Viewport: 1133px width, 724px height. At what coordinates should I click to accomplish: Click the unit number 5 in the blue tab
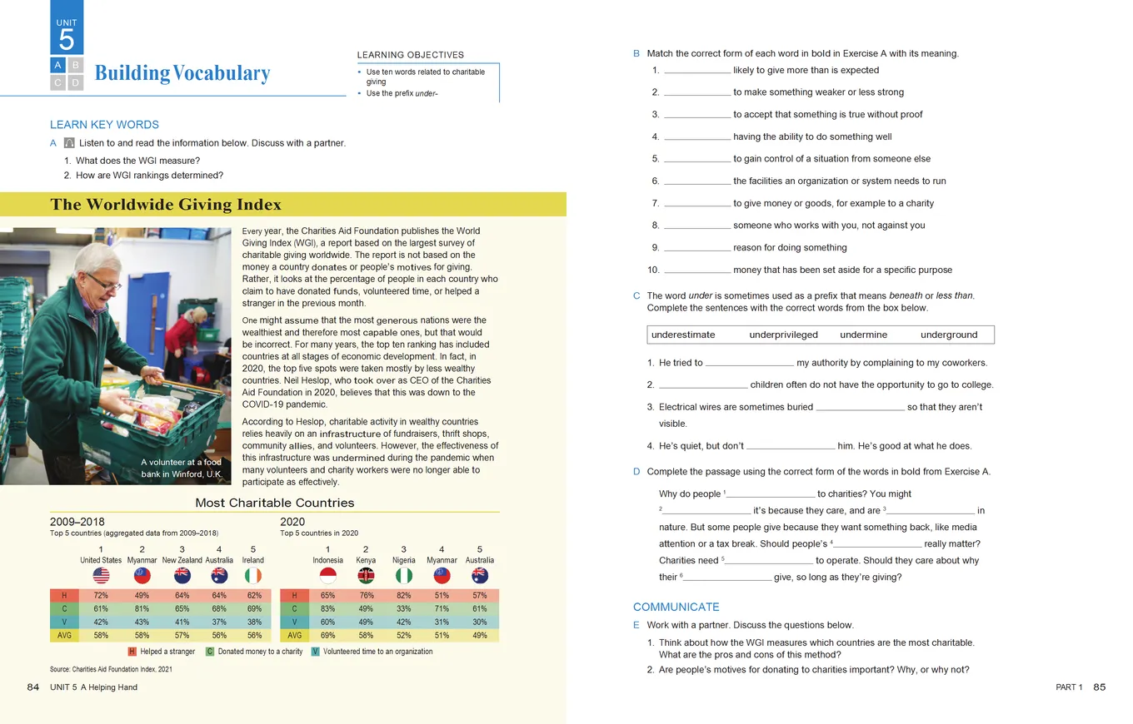67,40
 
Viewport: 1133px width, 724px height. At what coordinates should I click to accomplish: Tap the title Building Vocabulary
182,73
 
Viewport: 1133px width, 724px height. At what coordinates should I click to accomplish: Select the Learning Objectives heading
410,55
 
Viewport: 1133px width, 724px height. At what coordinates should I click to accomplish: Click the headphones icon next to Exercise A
69,143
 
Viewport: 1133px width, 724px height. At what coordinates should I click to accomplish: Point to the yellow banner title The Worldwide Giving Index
166,205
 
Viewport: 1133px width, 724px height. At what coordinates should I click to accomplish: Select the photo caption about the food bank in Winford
181,469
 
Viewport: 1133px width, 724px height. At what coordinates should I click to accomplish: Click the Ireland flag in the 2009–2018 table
253,576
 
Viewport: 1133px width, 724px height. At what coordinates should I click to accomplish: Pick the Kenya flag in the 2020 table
366,576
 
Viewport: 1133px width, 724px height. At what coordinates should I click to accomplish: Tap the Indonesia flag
327,576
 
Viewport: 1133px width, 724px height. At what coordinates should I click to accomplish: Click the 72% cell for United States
101,596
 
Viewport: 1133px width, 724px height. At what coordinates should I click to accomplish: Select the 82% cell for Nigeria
404,596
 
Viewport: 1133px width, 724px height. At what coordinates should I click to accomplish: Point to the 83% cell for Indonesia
327,609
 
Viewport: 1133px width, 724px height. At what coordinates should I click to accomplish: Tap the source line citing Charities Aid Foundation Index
110,669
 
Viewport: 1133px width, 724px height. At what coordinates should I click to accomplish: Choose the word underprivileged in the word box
783,335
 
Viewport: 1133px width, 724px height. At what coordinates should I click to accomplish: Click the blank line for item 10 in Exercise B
697,270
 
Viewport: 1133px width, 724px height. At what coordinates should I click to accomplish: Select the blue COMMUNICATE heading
676,607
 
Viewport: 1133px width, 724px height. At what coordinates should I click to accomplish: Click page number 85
1099,687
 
